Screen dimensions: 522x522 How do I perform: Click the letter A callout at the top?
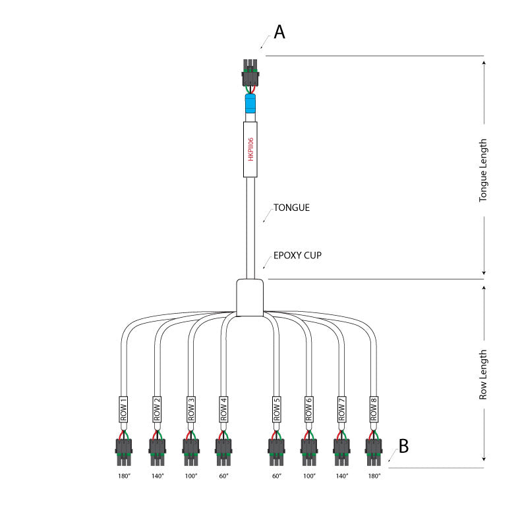279,32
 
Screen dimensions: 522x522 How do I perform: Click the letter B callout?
403,447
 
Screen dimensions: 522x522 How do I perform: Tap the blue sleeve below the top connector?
250,103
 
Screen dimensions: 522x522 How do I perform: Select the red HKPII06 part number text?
250,149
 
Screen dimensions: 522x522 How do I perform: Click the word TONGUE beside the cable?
291,208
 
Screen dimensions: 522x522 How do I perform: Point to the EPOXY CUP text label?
297,255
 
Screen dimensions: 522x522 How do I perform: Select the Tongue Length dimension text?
484,169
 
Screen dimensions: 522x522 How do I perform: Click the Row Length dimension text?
484,374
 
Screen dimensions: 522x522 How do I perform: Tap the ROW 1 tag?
123,409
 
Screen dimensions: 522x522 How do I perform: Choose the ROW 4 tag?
224,409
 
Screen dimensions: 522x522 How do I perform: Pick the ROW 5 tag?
276,409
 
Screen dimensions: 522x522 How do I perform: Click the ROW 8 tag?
374,409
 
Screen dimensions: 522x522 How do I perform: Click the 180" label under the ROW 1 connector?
123,476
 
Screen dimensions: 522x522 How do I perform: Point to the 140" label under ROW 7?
341,476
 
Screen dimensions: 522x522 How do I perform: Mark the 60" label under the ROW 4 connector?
224,476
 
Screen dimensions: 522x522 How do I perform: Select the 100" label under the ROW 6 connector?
308,476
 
